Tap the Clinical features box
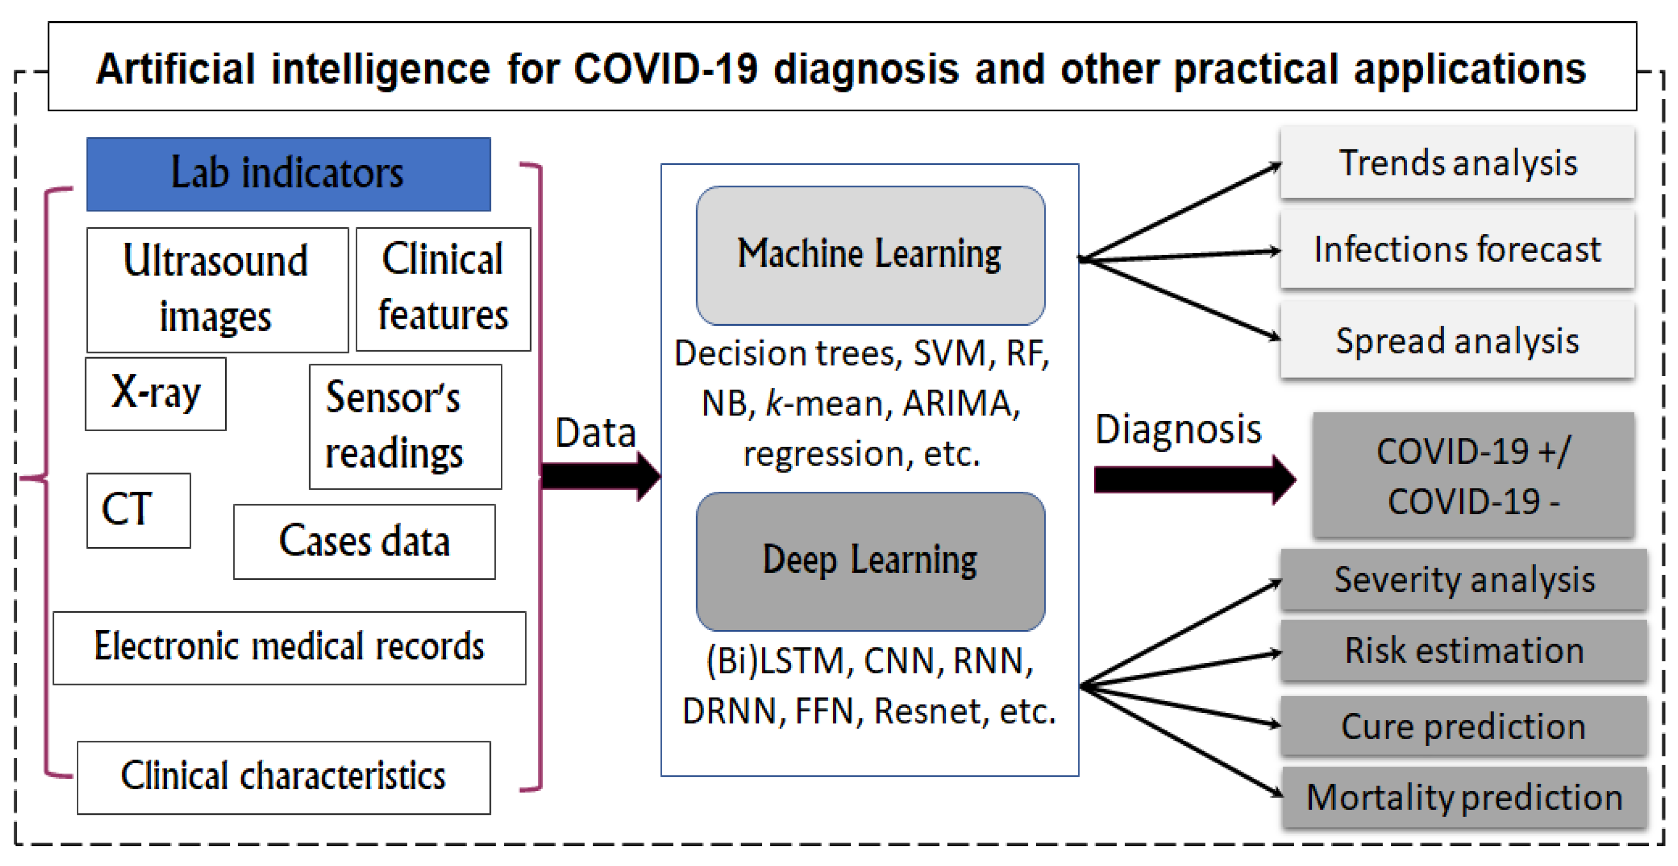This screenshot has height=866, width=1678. (x=443, y=289)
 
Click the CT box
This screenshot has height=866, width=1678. (x=138, y=510)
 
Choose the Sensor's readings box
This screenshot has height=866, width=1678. (x=405, y=426)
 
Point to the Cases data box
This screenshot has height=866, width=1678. (x=364, y=541)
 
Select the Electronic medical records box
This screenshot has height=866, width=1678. (x=289, y=647)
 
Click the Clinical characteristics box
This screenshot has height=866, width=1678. (x=284, y=777)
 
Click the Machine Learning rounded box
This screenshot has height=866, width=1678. (x=870, y=255)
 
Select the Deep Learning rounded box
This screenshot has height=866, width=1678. (x=870, y=561)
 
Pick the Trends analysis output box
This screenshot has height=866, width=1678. (x=1457, y=163)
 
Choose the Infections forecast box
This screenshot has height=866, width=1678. (x=1457, y=250)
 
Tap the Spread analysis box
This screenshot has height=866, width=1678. (x=1457, y=340)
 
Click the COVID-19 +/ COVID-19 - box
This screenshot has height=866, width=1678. (x=1473, y=476)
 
